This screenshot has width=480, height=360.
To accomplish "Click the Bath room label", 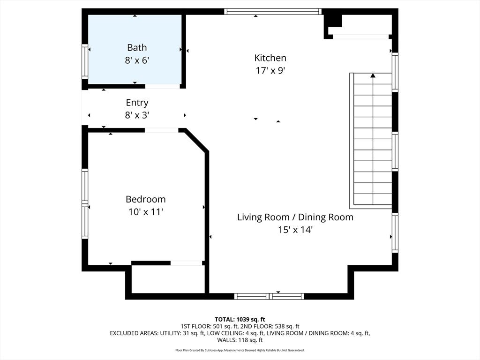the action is point(137,47).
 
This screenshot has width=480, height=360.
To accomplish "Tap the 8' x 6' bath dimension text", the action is point(137,60).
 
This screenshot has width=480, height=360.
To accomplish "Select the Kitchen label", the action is point(270,58).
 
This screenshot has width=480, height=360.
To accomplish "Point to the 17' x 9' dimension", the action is point(270,71).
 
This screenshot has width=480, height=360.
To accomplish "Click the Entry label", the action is point(137,103).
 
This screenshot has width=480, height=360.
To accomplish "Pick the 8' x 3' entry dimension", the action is point(137,115).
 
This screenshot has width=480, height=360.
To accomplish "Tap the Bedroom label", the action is point(146,199).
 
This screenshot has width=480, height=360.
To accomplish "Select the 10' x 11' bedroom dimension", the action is point(146,212).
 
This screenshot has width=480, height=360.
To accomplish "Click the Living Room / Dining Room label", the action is point(295,217).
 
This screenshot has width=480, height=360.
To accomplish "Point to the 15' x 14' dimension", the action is point(295,230).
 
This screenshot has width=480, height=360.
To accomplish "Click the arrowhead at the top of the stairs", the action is point(373,75).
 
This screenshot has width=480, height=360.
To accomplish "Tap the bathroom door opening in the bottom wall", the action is point(162,86).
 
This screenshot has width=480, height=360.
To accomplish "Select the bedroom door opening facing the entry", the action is point(161,130).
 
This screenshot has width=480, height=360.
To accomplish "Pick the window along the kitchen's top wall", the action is point(273,12).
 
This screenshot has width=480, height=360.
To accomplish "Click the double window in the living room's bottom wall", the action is point(269,296).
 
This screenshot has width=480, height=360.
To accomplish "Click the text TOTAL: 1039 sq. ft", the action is point(240,320).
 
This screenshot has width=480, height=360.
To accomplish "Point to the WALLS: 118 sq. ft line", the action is point(240,340).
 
